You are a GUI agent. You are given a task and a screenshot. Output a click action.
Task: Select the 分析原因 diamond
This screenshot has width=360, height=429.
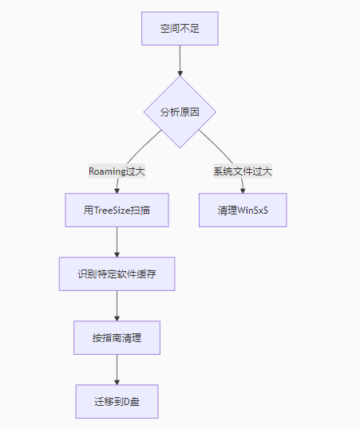tap(180, 112)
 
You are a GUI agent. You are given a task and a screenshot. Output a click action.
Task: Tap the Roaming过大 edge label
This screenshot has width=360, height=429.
tap(117, 171)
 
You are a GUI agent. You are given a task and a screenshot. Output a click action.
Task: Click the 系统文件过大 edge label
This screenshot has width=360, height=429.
tap(243, 171)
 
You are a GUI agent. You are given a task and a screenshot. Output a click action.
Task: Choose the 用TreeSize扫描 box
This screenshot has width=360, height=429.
tap(117, 211)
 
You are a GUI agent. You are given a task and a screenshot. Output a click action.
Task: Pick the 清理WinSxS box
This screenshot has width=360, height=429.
tap(243, 211)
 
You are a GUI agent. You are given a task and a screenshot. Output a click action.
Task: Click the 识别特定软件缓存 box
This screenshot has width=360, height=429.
tap(117, 274)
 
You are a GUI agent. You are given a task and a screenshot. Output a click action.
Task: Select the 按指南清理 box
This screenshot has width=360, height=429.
tap(117, 337)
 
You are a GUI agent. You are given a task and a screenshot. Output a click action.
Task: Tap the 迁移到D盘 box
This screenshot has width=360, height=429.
tap(117, 401)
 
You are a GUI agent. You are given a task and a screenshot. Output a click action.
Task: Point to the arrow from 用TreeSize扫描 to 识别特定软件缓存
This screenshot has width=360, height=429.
tap(117, 242)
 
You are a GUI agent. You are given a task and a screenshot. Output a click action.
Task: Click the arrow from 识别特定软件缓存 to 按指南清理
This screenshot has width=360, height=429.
tap(117, 305)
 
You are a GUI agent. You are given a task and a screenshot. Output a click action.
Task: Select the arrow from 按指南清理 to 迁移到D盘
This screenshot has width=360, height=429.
tap(117, 368)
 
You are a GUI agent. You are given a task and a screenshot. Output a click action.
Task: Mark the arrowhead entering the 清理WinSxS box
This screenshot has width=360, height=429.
tap(243, 191)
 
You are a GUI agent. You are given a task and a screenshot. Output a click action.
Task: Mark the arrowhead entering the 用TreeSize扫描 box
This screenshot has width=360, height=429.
tap(117, 191)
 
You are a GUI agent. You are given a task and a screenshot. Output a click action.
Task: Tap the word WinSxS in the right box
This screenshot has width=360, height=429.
tap(253, 211)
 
